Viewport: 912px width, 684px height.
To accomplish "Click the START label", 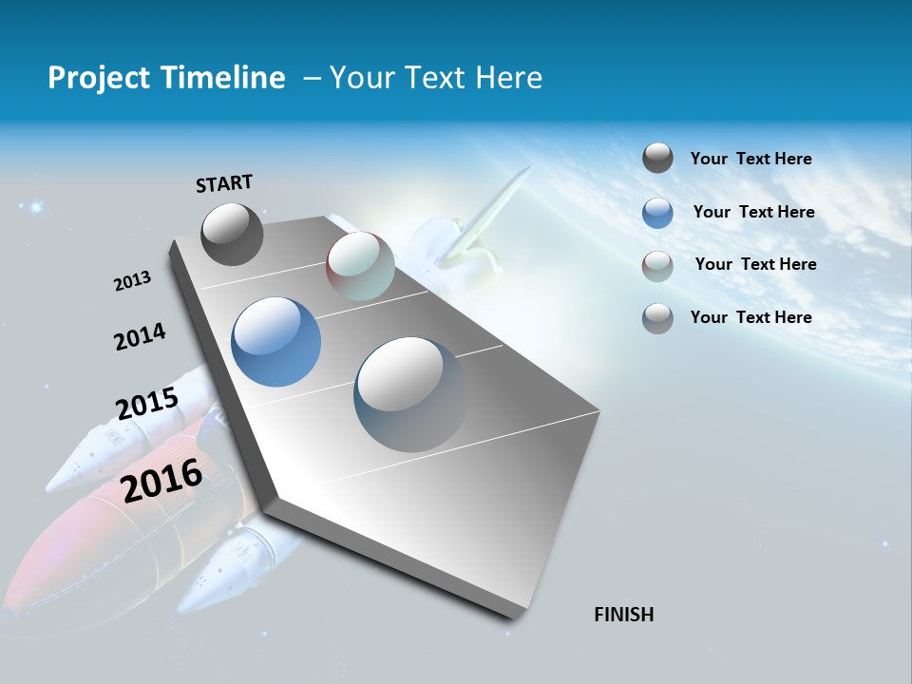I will point(224,183).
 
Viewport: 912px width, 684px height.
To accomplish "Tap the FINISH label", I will point(624,615).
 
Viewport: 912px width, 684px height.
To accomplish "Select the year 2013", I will point(132,281).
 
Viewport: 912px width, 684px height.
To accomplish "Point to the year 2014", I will point(140,336).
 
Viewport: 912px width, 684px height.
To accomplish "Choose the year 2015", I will point(147,405).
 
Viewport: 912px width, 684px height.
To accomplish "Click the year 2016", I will point(162,479).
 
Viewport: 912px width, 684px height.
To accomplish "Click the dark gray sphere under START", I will point(232,234).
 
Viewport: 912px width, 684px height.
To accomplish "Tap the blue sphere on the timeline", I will point(275,342).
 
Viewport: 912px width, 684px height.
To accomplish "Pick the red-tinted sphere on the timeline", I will point(360,266).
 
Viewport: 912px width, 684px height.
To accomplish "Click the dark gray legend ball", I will point(657,159).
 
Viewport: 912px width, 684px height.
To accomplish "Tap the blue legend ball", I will point(657,213).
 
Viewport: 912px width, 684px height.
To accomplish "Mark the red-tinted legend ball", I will point(657,266).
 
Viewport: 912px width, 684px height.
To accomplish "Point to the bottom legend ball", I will point(657,318).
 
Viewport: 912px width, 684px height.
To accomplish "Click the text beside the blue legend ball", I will point(753,212).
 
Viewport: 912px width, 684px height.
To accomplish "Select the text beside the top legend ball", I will point(750,159).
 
